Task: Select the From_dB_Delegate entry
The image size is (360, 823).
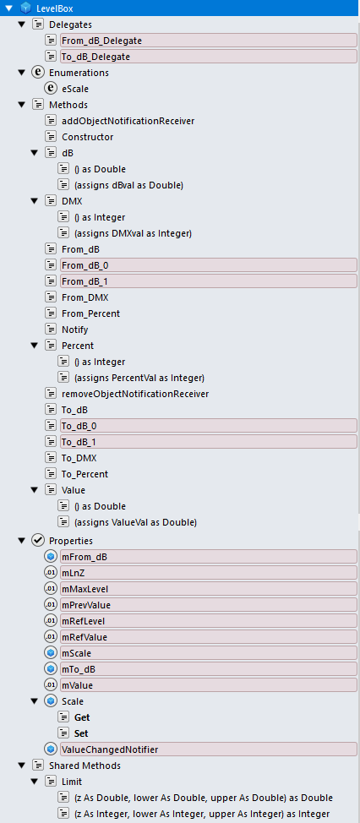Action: click(101, 40)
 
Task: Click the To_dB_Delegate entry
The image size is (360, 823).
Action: click(95, 56)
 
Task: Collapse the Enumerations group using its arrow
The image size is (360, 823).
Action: click(21, 73)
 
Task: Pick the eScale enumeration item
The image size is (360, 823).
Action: click(75, 89)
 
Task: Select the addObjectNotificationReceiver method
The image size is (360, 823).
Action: click(128, 121)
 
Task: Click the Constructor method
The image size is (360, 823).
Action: click(88, 137)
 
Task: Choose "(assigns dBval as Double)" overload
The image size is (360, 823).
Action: click(128, 185)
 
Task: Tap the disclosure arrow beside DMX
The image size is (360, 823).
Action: click(34, 201)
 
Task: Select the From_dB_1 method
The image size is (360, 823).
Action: click(85, 281)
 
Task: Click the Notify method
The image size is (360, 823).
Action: click(75, 330)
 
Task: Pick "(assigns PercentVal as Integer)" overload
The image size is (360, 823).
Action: click(139, 378)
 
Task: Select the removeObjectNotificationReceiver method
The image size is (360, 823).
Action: click(135, 394)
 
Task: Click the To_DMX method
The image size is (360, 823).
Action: click(79, 458)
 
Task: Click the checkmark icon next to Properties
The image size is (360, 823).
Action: click(38, 540)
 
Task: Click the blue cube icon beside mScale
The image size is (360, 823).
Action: click(51, 653)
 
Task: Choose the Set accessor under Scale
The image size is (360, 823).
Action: click(81, 733)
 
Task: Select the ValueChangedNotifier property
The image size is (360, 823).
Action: click(110, 749)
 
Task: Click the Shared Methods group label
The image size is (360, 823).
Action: click(85, 766)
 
